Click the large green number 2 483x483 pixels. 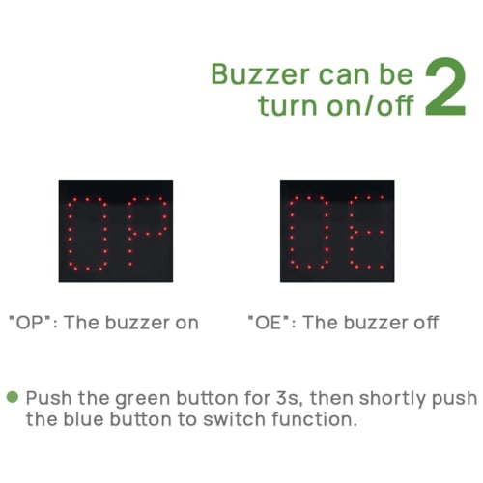point(451,87)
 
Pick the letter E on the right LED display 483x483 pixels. point(365,232)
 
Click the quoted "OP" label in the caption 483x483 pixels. point(31,322)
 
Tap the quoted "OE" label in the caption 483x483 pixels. point(268,322)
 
